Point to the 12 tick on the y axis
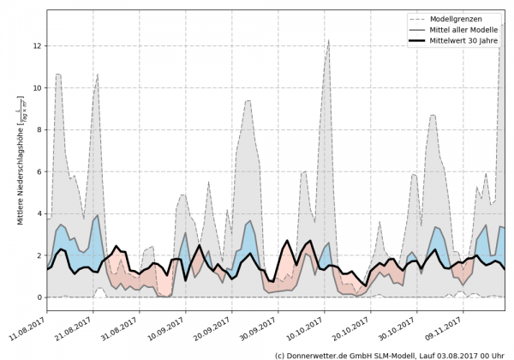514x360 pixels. pyautogui.click(x=37, y=45)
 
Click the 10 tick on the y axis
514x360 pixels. pyautogui.click(x=37, y=87)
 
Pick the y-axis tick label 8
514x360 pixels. pyautogui.click(x=39, y=129)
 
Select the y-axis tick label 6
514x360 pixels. pyautogui.click(x=39, y=171)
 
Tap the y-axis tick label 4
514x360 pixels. pyautogui.click(x=39, y=213)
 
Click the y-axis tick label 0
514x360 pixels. pyautogui.click(x=39, y=297)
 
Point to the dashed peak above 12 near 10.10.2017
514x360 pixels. pyautogui.click(x=328, y=39)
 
